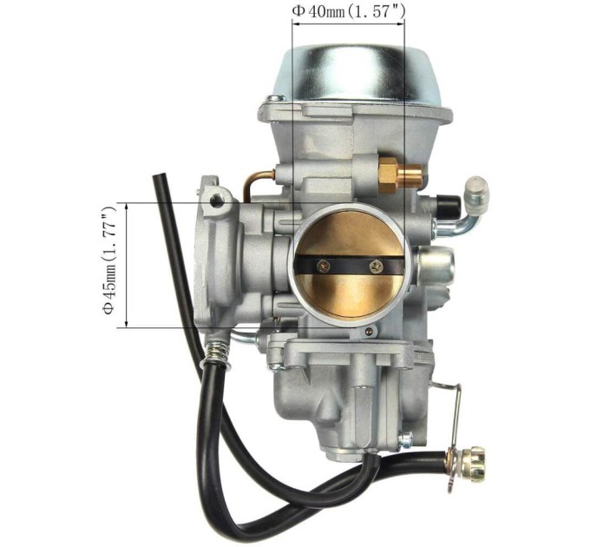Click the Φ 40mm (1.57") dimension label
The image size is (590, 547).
pos(349,11)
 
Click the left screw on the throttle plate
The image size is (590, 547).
pos(324,267)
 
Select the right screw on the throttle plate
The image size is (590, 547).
pos(376,267)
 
